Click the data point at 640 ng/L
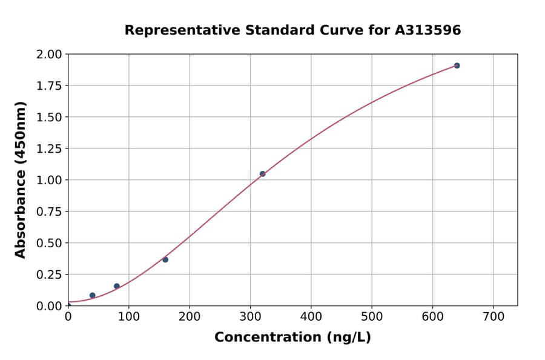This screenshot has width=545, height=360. tap(457, 65)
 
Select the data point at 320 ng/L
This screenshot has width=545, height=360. tap(262, 174)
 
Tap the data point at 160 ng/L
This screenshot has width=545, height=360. tap(165, 259)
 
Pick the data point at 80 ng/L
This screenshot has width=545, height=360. tap(117, 286)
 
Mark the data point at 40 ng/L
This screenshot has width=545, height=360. tap(92, 295)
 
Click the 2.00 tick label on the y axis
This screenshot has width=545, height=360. tap(49, 55)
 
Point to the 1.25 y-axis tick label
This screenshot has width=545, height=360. tap(49, 148)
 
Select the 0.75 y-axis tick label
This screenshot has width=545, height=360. tap(49, 212)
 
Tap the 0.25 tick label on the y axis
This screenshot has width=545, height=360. tap(49, 275)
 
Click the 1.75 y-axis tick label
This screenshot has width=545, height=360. tap(49, 86)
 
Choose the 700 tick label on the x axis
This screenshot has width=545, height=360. tap(493, 317)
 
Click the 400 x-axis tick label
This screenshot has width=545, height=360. tap(311, 317)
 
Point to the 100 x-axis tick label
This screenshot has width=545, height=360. tap(128, 317)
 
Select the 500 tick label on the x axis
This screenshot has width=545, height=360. tap(371, 317)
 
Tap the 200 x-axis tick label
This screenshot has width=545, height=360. tap(189, 317)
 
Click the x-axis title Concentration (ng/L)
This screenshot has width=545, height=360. tap(292, 338)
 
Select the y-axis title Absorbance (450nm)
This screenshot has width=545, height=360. tap(21, 180)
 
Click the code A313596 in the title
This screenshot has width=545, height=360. tap(428, 30)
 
